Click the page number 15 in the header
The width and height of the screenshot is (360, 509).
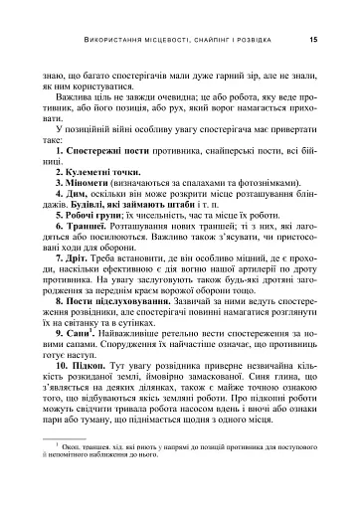[313, 39]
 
